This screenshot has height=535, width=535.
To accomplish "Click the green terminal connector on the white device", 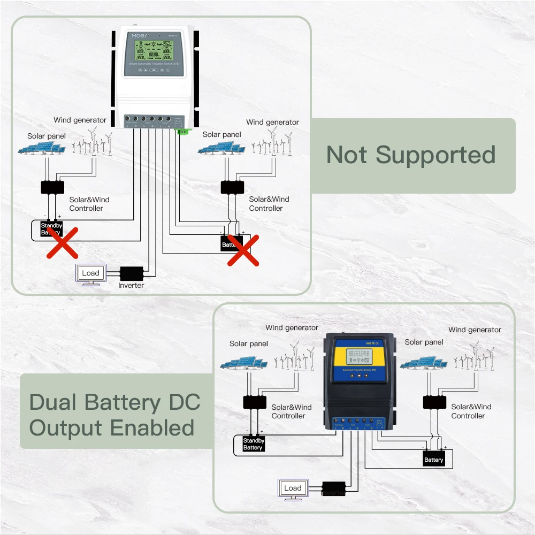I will (182, 131).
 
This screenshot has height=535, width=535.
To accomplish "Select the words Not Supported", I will (411, 155).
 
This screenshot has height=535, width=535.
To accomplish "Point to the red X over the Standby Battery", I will (62, 242).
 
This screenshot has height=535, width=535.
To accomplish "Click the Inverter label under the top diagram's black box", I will (131, 286).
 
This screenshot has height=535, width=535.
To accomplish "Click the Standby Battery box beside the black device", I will (253, 444).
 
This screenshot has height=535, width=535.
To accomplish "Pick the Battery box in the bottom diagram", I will (433, 460).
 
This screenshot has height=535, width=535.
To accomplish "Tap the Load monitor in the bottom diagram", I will (293, 489).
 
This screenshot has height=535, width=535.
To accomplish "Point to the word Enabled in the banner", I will (152, 428).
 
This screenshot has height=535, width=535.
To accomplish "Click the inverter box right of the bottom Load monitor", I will (334, 488).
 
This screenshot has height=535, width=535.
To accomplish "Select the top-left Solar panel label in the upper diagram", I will (47, 136).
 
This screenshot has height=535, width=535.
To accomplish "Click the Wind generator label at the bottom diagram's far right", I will (475, 330).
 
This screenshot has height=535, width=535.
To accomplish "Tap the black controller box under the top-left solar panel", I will (52, 187).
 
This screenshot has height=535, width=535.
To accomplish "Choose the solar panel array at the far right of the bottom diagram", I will (424, 363).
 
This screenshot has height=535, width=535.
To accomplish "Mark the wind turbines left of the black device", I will (294, 357).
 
